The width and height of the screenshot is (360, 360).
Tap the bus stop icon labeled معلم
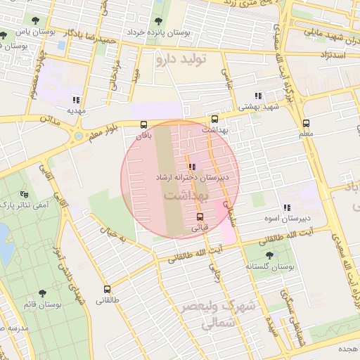point(307,121)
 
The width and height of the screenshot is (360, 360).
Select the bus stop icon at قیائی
point(200,216)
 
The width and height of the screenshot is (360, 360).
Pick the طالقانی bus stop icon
point(108,289)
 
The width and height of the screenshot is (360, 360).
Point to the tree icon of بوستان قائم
point(42,292)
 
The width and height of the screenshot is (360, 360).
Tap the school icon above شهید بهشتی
point(258,96)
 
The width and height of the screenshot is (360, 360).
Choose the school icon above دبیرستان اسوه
point(287,207)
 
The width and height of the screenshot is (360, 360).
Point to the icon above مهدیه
point(75,100)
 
